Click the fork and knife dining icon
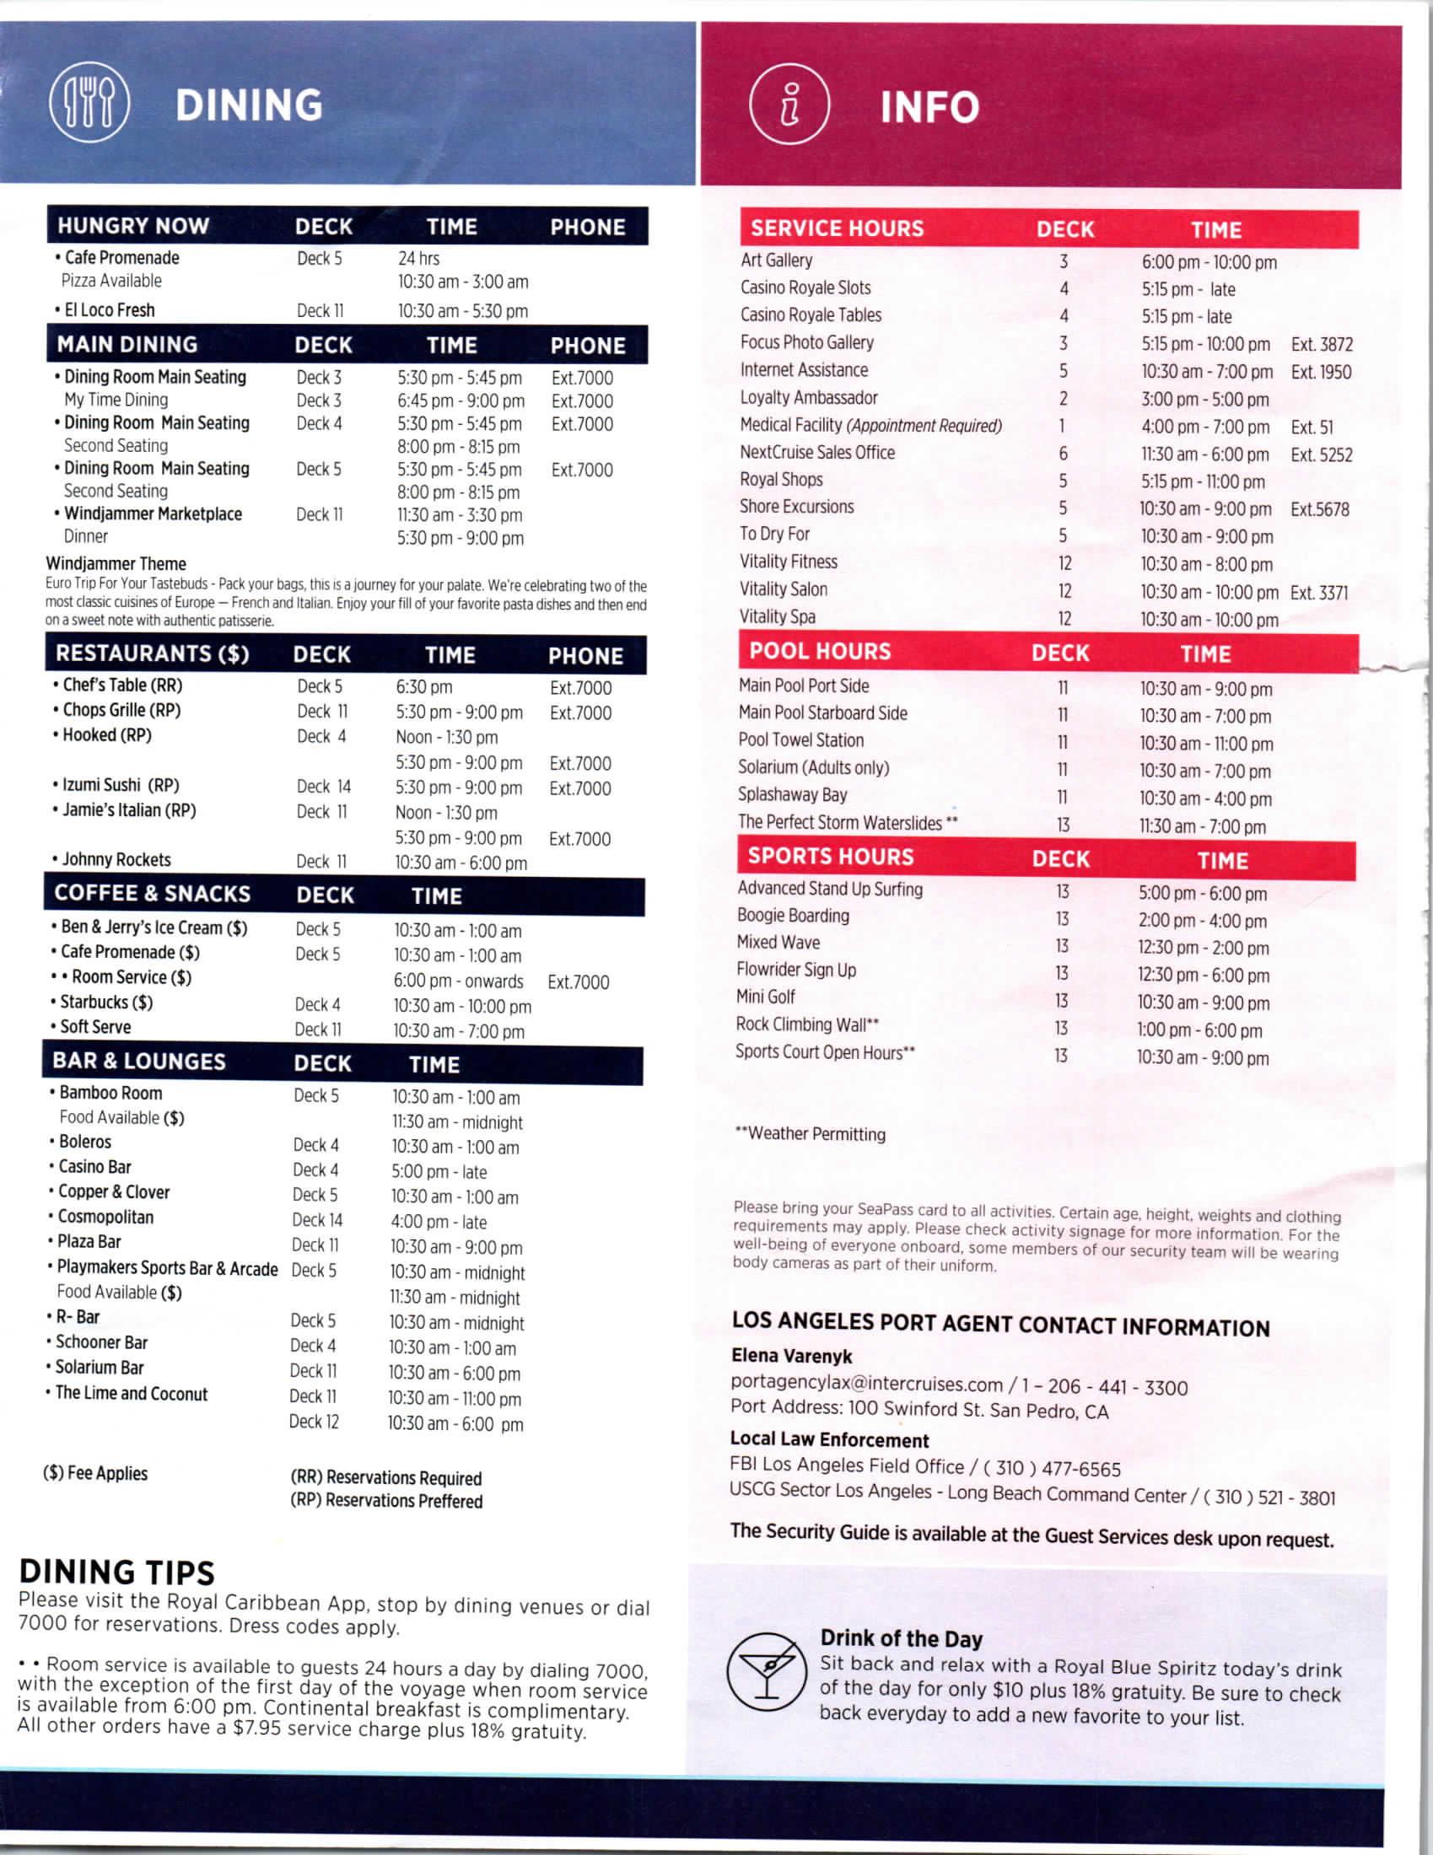[x=89, y=104]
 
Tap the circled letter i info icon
[x=789, y=104]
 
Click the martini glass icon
[x=766, y=1670]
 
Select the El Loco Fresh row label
[x=110, y=310]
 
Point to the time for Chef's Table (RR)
[x=424, y=686]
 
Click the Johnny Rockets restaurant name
[x=116, y=859]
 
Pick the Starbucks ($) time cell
[x=461, y=1007]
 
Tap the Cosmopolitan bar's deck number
[x=317, y=1221]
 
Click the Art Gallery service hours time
[x=1208, y=262]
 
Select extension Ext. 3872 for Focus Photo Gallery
[x=1321, y=344]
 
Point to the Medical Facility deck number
[x=1062, y=426]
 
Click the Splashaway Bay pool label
[x=792, y=795]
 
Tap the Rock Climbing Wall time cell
[x=1199, y=1030]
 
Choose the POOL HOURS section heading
[x=820, y=652]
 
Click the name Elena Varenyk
[x=791, y=1356]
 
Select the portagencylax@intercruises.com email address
[x=865, y=1383]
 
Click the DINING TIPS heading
[x=117, y=1573]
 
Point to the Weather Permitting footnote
[x=811, y=1134]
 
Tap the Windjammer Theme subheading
[x=116, y=563]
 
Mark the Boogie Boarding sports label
[x=793, y=916]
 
